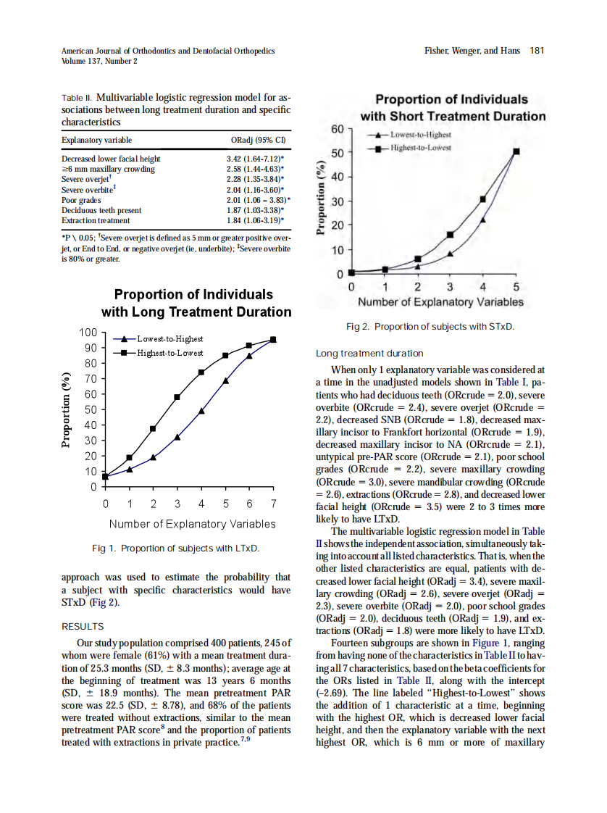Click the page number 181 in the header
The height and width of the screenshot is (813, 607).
pos(536,51)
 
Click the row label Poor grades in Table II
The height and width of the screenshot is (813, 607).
pos(80,199)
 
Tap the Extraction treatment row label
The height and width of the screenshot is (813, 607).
pos(96,220)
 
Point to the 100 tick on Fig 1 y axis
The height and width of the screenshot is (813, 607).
pos(87,333)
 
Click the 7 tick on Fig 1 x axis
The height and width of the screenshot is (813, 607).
pos(273,503)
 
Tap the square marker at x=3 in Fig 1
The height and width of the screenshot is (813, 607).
pos(177,397)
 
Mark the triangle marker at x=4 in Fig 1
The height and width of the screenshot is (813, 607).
pos(201,411)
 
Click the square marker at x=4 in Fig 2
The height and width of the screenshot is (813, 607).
pos(483,199)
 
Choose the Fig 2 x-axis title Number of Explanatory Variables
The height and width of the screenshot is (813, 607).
pos(441,301)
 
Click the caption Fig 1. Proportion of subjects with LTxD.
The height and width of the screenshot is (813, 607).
pos(176,548)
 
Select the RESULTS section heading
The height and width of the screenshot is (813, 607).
pos(83,626)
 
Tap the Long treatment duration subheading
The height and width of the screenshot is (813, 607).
pos(369,354)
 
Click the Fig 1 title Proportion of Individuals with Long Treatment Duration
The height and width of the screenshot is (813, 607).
pos(196,304)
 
